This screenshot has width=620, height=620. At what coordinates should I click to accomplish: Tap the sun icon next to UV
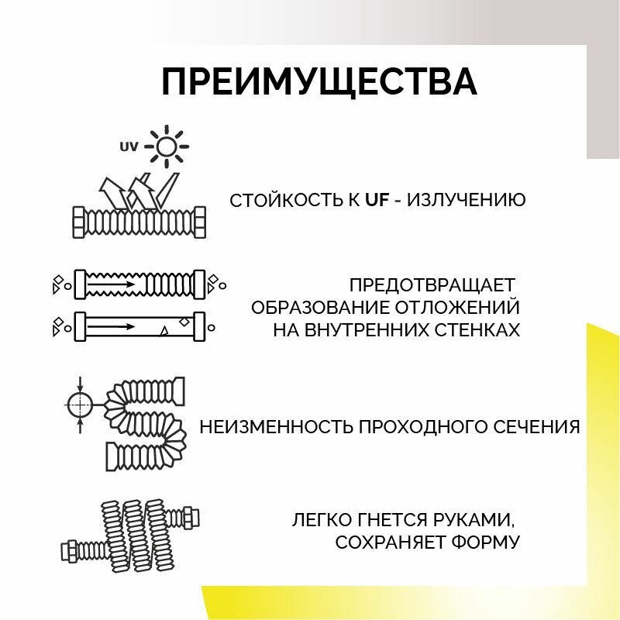pos(166,146)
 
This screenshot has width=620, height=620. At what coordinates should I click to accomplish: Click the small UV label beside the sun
pos(129,146)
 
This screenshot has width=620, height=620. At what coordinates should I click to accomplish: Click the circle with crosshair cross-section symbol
pos(79,403)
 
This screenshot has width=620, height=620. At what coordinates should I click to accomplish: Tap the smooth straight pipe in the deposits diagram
pos(139,326)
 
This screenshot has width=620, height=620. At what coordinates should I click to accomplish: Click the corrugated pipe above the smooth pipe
pos(139,284)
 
